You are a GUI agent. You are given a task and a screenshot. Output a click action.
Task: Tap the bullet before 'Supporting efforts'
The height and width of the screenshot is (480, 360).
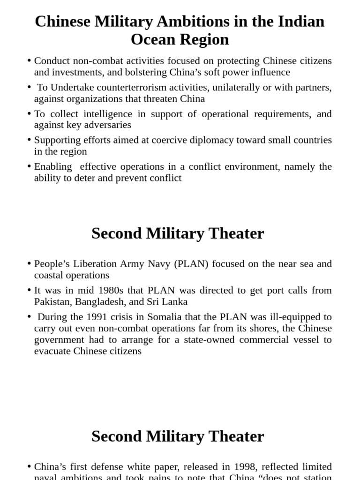coord(29,140)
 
